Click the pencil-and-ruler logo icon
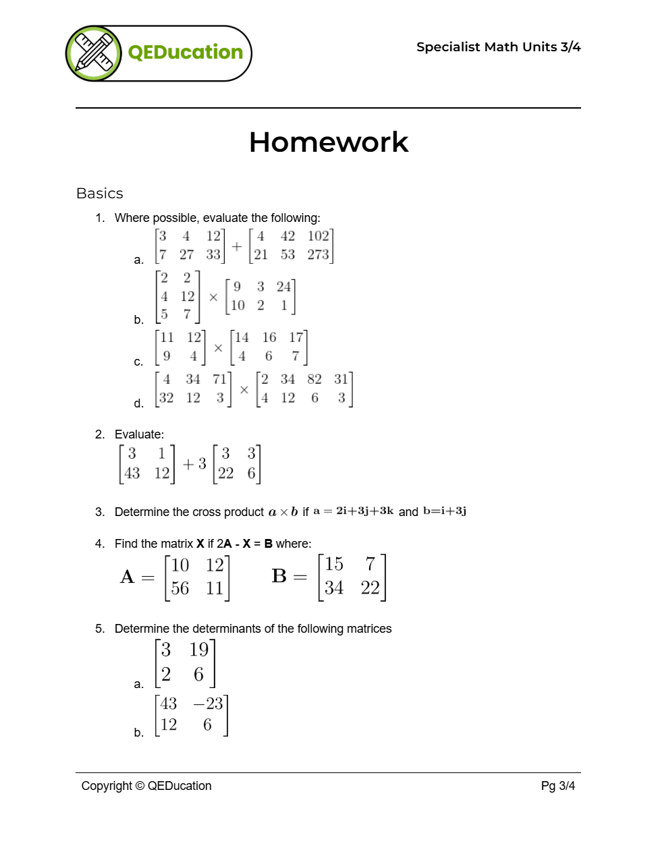pyautogui.click(x=94, y=53)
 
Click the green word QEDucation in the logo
pyautogui.click(x=185, y=53)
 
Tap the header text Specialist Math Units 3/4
pyautogui.click(x=498, y=47)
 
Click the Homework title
pyautogui.click(x=329, y=142)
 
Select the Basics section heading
pyautogui.click(x=100, y=194)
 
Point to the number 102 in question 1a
pyautogui.click(x=318, y=236)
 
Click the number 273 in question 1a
pyautogui.click(x=318, y=254)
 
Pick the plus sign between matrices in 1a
pyautogui.click(x=237, y=246)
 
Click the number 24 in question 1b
pyautogui.click(x=283, y=287)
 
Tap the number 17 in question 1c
pyautogui.click(x=296, y=337)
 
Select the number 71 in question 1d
pyautogui.click(x=219, y=379)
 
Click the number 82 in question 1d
pyautogui.click(x=314, y=379)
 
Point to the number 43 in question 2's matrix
pyautogui.click(x=132, y=474)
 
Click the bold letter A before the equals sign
pyautogui.click(x=127, y=577)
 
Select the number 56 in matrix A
pyautogui.click(x=180, y=588)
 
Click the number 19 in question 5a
pyautogui.click(x=198, y=650)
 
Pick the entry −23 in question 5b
pyautogui.click(x=208, y=704)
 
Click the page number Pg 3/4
pyautogui.click(x=557, y=786)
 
